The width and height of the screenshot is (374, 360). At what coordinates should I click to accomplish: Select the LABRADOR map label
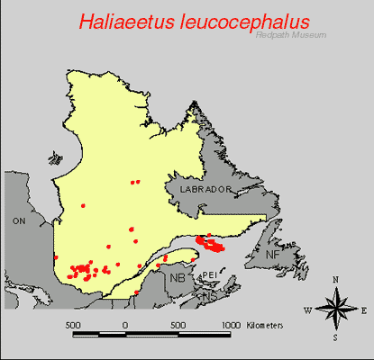205,191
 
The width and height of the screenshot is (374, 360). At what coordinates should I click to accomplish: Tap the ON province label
19,220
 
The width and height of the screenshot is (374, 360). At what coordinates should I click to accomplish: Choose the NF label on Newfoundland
273,256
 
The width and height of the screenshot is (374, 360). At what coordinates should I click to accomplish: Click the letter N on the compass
335,280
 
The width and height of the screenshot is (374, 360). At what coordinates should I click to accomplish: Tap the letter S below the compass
335,338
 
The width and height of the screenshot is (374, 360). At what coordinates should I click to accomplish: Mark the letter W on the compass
307,310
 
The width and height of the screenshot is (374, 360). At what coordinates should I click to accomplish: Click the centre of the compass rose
335,310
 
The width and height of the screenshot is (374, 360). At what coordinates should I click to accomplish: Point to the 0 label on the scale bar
125,323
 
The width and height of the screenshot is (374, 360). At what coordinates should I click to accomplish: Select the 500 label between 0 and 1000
178,323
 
